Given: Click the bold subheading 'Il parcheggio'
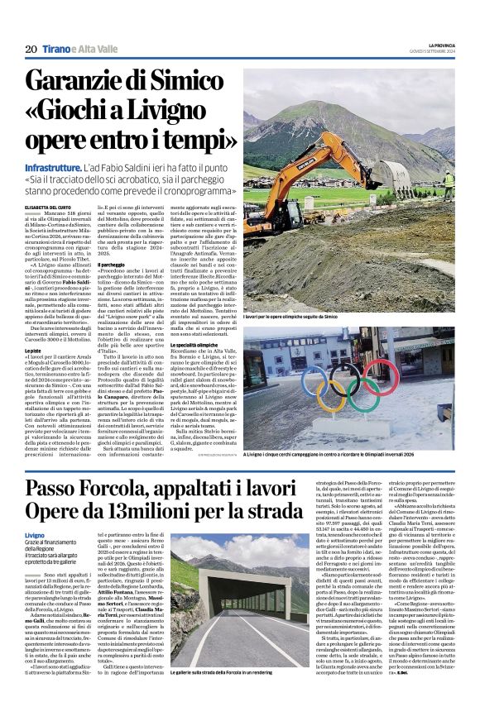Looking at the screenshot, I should [x=112, y=288].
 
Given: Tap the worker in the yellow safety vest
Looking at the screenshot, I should [x=449, y=179].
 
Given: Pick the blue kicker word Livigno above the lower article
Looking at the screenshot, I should [x=36, y=536].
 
